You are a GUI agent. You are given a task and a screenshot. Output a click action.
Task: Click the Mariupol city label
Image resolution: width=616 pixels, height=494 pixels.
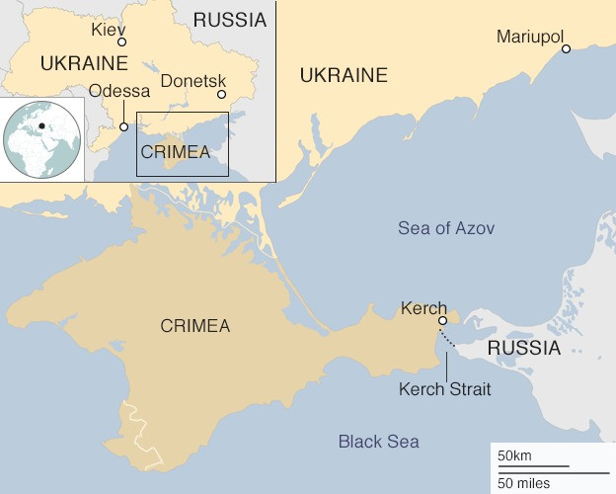[529, 37]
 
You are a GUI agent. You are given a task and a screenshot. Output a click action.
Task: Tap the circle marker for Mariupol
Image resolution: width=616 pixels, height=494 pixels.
[567, 48]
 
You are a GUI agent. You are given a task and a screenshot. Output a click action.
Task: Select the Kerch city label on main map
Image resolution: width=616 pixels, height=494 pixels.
[423, 308]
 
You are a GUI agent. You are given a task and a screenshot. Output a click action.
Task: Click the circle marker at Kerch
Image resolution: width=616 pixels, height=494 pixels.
[443, 320]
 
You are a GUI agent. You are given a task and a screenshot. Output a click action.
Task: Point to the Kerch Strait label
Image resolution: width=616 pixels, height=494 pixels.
[444, 389]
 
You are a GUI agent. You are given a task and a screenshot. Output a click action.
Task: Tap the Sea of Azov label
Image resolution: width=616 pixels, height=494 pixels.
[446, 228]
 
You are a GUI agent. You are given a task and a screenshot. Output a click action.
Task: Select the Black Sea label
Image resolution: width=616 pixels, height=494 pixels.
[378, 442]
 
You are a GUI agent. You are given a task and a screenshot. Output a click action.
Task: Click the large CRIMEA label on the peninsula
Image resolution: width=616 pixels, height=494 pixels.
[194, 326]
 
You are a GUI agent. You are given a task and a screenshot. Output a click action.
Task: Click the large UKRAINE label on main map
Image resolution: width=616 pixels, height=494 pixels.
[344, 75]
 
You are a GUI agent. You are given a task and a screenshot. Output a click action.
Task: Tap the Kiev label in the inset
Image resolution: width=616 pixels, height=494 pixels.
[109, 29]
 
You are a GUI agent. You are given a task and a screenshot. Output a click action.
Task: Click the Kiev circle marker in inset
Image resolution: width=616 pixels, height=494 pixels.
[122, 42]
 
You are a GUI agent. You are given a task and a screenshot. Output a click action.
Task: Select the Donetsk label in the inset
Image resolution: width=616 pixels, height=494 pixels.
[193, 81]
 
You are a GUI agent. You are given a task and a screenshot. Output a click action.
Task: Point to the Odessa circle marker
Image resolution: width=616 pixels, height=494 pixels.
[124, 126]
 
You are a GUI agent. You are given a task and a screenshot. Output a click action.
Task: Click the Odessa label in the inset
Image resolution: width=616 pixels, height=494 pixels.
[118, 92]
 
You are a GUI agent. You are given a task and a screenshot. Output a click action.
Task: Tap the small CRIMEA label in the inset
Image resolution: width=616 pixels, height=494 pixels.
[176, 152]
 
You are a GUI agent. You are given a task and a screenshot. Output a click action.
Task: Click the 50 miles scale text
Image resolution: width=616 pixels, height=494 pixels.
[523, 483]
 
